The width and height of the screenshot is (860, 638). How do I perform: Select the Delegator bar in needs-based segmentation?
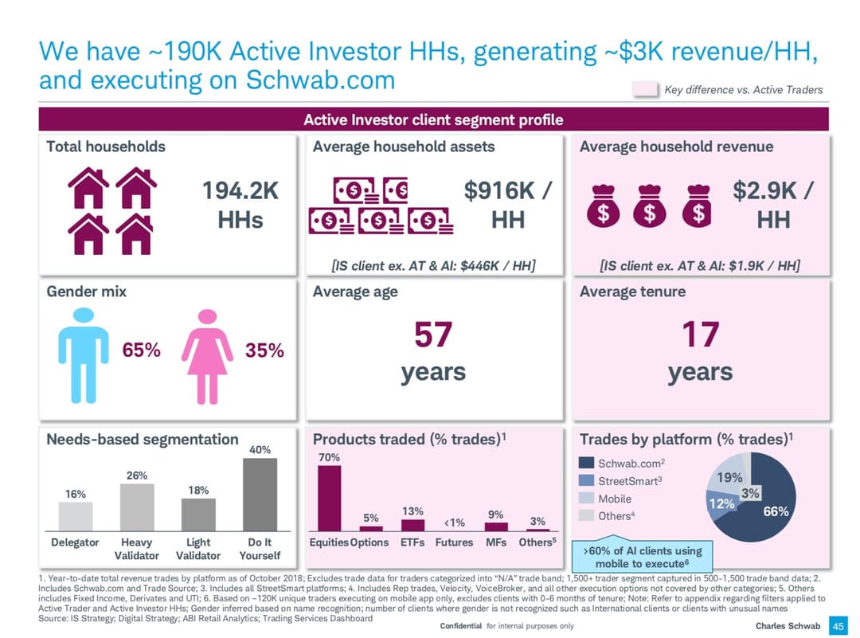click(x=76, y=516)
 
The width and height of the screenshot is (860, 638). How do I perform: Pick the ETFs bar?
click(x=412, y=525)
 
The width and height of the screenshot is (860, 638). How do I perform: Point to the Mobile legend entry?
click(x=614, y=499)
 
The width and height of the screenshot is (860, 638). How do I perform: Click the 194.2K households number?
click(x=240, y=192)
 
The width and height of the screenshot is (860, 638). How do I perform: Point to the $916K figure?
click(x=508, y=192)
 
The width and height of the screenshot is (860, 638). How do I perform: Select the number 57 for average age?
click(x=433, y=335)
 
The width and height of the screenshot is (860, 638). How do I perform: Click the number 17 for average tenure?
click(x=700, y=335)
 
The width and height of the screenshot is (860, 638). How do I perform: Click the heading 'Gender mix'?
click(x=86, y=292)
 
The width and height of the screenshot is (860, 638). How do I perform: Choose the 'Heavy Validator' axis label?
click(x=137, y=549)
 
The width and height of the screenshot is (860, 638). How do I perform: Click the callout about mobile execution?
click(x=643, y=556)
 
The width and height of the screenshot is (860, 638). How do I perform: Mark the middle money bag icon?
click(x=650, y=205)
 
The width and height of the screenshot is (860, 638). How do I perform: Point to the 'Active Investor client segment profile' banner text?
click(x=433, y=120)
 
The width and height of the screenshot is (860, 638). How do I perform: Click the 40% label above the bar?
click(x=260, y=450)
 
